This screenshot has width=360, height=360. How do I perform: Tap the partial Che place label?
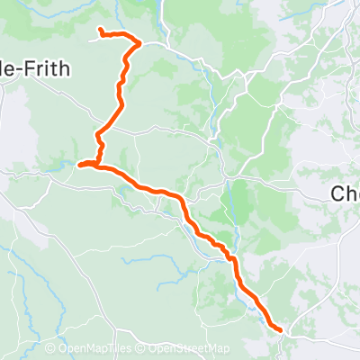pos(346,193)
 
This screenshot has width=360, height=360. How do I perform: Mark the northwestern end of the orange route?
pos(100,32)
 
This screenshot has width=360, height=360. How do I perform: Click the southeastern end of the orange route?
pos(281,330)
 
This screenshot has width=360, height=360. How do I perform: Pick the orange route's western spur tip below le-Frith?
pos(80,164)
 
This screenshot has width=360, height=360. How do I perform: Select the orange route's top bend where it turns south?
pos(139,42)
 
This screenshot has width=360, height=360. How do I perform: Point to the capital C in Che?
pos(338,193)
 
